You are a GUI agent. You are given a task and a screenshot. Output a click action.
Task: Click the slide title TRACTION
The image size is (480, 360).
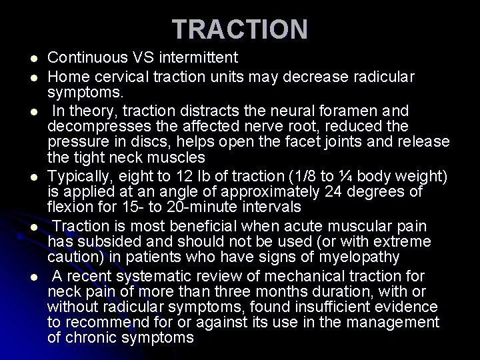240,29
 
